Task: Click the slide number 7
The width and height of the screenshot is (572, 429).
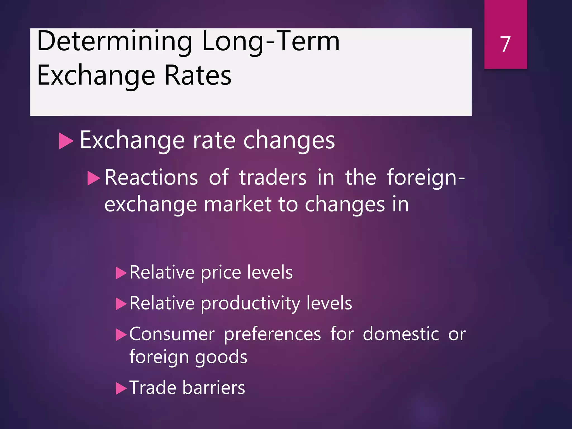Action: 505,44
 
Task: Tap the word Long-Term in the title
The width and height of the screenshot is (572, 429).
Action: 270,41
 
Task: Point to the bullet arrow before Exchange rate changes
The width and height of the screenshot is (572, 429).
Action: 66,141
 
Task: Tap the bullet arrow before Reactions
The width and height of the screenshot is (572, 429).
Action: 93,178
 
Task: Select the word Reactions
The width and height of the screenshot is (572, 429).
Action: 151,178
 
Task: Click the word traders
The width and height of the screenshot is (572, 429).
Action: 273,178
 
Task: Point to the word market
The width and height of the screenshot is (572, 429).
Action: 238,204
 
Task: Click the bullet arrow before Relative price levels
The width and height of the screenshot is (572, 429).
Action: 121,273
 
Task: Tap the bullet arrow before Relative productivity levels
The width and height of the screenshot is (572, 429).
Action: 121,304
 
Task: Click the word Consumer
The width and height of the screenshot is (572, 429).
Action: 172,334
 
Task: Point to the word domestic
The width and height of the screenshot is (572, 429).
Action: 401,334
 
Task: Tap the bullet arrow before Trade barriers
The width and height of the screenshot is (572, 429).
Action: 121,388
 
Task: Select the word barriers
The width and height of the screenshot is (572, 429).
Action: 214,388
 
